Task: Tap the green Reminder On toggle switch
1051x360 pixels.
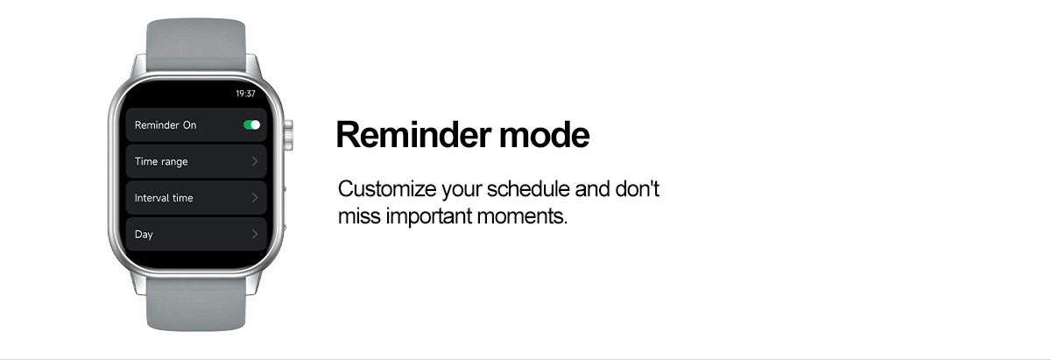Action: [x=251, y=125]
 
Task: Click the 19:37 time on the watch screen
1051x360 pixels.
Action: [x=245, y=94]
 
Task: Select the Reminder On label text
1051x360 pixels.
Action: [x=166, y=125]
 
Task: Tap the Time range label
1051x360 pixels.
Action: [x=161, y=161]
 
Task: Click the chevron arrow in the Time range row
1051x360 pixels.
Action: [x=255, y=161]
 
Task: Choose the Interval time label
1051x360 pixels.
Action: [x=164, y=198]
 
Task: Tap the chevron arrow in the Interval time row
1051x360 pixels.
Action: [x=255, y=198]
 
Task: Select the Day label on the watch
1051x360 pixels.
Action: [x=144, y=234]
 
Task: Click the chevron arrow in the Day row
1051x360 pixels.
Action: [x=255, y=234]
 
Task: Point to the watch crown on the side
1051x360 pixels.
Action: [x=288, y=135]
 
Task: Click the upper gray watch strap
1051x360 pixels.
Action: [x=196, y=45]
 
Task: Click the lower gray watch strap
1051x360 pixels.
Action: [x=196, y=304]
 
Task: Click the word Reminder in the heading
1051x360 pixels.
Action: [x=413, y=135]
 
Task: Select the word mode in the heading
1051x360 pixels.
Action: [x=544, y=135]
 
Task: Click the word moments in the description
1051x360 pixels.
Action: [x=522, y=216]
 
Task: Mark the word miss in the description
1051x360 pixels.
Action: [x=359, y=216]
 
